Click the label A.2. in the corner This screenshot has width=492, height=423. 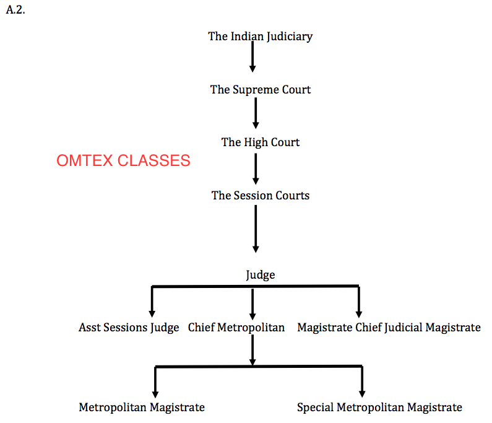coord(15,11)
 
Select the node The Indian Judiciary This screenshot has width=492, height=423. coord(260,36)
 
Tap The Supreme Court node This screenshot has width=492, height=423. coord(260,89)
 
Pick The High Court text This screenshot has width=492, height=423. coord(260,142)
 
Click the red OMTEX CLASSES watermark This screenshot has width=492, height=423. coord(123,160)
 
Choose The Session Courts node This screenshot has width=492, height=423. coord(260,195)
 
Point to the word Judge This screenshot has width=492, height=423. coord(260,274)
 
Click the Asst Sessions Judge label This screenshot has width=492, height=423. coord(129,327)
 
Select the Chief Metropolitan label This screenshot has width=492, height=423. coord(236,327)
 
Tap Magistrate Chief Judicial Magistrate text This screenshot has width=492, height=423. coord(389,327)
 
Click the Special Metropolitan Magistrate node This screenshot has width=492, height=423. coord(379,407)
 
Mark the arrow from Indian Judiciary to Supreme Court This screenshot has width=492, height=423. coord(252,57)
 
